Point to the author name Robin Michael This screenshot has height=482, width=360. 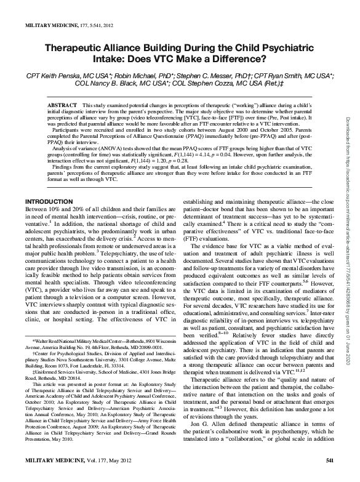tap(134, 74)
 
